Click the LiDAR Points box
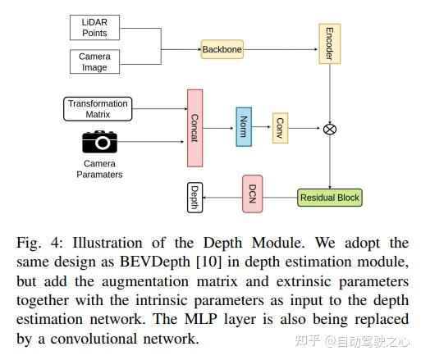(x=94, y=28)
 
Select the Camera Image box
(x=94, y=62)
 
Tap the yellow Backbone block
(x=222, y=49)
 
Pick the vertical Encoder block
(x=330, y=43)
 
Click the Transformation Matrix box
(x=98, y=109)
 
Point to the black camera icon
(x=100, y=142)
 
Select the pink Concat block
(x=194, y=128)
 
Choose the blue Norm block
(x=244, y=127)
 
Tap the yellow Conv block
(x=280, y=128)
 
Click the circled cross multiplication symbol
(x=330, y=129)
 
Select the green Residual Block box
(x=330, y=198)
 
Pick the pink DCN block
(x=252, y=194)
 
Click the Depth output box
(x=194, y=198)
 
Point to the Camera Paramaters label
(x=99, y=169)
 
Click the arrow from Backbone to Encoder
(x=281, y=49)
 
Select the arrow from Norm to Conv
(x=261, y=126)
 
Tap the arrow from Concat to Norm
(x=218, y=128)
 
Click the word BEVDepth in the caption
(x=155, y=262)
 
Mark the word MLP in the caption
(x=201, y=319)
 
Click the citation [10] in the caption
(x=208, y=262)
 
